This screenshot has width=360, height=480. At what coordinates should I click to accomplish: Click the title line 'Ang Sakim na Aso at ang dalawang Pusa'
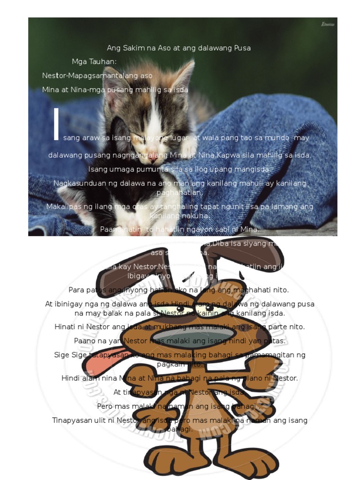[179, 48]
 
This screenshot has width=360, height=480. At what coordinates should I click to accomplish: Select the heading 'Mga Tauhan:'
[94, 61]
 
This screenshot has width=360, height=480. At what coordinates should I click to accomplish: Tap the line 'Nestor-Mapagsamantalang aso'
[97, 75]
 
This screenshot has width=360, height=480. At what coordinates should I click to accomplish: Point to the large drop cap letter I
[56, 124]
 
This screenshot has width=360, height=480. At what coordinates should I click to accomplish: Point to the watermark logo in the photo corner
[327, 24]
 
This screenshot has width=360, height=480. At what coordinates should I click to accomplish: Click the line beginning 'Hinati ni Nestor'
[180, 327]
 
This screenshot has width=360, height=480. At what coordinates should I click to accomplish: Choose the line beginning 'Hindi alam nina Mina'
[180, 378]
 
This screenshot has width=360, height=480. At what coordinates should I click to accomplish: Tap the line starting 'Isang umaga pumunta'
[180, 169]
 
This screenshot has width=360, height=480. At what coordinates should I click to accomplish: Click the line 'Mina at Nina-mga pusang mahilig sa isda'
[115, 90]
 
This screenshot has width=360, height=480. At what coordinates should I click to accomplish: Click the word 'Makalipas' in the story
[64, 207]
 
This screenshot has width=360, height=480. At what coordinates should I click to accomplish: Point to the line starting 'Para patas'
[179, 290]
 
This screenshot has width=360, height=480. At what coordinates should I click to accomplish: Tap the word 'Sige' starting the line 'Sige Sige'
[61, 355]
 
